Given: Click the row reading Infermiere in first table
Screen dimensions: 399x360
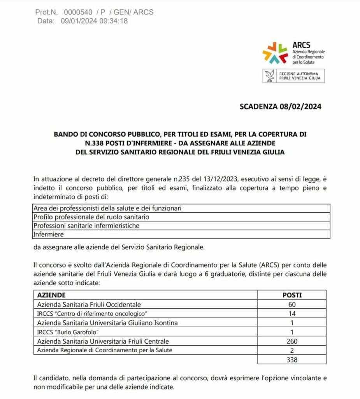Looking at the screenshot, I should (x=48, y=234).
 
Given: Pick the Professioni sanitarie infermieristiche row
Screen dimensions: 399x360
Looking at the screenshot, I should (x=86, y=226).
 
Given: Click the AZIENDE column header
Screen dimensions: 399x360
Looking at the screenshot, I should (x=51, y=295).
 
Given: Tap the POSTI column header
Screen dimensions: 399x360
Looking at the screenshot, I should (x=292, y=295).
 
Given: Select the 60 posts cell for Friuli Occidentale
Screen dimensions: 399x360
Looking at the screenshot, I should (x=292, y=304).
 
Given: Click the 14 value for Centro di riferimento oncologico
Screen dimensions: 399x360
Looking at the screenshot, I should (x=292, y=313).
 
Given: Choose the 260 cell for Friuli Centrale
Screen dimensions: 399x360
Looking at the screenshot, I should (x=292, y=341).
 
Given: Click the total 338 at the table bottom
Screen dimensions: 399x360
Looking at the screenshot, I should (x=292, y=359).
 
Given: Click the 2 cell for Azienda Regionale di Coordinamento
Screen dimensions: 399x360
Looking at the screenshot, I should (x=292, y=350).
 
